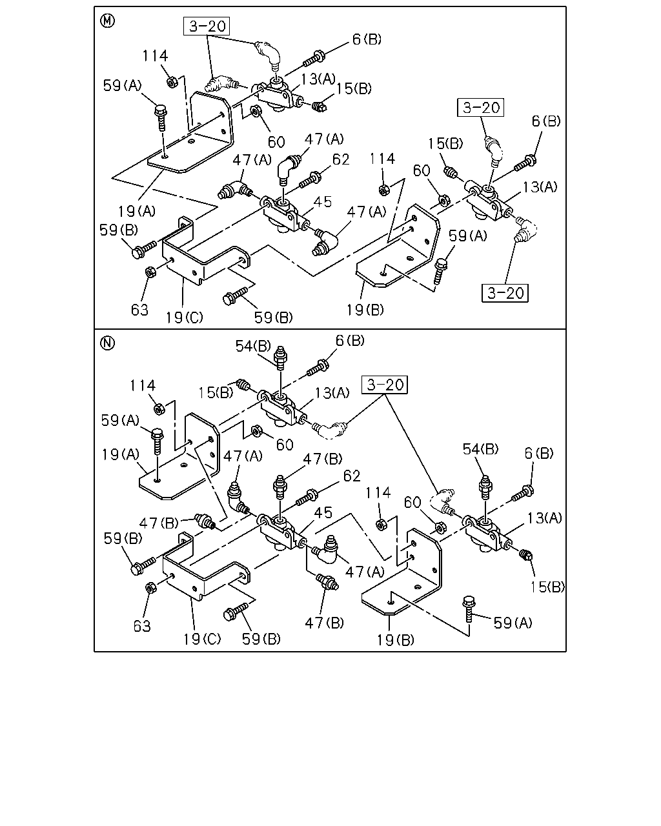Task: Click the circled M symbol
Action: [x=107, y=21]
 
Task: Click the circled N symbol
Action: [x=107, y=343]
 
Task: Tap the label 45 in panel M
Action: [x=322, y=201]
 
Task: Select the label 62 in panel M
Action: [x=341, y=159]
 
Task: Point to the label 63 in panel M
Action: [x=139, y=310]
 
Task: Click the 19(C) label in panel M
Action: [x=185, y=317]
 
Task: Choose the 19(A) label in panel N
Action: [x=121, y=454]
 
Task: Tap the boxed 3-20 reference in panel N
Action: [x=385, y=385]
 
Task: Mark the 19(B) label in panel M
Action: [x=365, y=310]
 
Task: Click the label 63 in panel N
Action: [x=142, y=626]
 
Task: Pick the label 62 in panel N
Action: [x=352, y=476]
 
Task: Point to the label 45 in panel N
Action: [x=323, y=512]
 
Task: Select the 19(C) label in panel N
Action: [x=202, y=639]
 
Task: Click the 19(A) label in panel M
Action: [x=137, y=211]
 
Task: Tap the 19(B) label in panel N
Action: [x=396, y=640]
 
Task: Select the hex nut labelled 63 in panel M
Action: [x=150, y=272]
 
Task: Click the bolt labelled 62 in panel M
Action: [x=310, y=179]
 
